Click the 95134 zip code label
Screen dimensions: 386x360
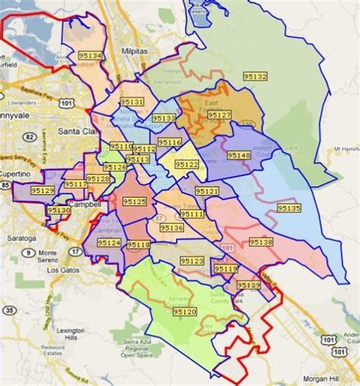coord(90,56)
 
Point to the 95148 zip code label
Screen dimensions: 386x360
coord(238,155)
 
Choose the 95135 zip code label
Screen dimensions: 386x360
coord(289,207)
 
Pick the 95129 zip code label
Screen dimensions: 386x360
coord(43,191)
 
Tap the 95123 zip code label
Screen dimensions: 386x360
coord(192,261)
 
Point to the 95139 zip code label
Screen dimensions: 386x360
coord(248,284)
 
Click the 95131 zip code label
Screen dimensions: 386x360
coord(131,102)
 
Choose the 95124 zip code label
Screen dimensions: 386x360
coord(109,242)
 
